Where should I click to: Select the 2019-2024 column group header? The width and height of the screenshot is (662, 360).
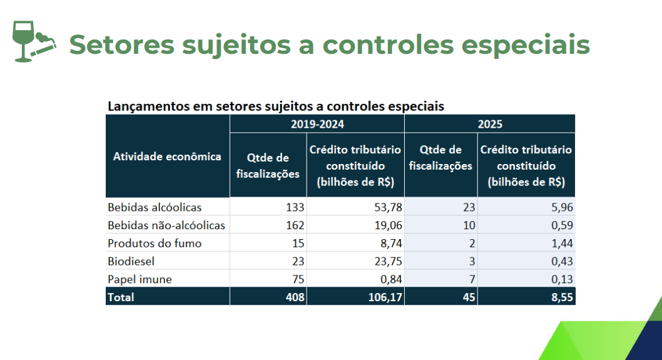click(317, 124)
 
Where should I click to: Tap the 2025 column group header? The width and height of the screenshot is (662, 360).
click(490, 124)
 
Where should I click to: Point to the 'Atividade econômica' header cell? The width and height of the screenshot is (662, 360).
click(167, 157)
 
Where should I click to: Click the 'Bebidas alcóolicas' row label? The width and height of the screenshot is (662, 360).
click(155, 207)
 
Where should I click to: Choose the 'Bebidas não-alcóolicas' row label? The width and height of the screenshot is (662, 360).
click(166, 225)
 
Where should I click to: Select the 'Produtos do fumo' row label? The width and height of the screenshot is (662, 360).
click(155, 243)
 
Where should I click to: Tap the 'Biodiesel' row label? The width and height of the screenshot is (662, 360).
click(131, 261)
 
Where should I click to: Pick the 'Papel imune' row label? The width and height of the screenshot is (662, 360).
click(139, 279)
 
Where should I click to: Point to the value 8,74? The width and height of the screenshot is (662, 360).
click(391, 243)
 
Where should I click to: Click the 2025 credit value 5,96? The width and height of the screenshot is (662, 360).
click(561, 207)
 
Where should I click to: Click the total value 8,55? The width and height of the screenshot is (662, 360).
click(561, 297)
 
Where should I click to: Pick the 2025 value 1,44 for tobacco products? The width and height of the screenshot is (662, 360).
click(561, 243)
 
